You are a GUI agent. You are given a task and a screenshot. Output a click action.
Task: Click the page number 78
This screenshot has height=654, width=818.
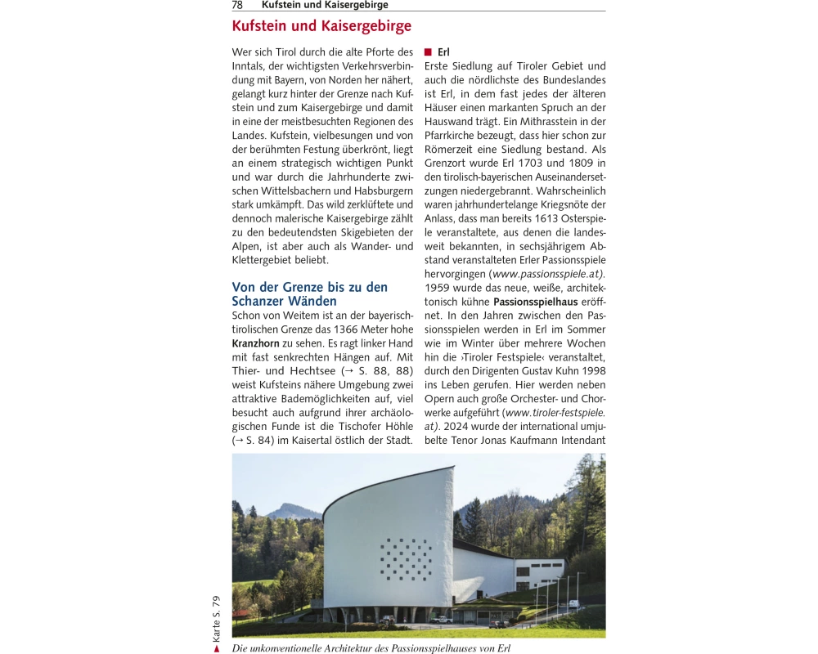[x=237, y=5]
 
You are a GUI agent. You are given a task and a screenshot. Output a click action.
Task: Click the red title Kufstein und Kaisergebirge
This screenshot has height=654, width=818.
[x=321, y=26]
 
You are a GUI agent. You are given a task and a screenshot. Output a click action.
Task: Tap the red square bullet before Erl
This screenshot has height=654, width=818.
[x=428, y=52]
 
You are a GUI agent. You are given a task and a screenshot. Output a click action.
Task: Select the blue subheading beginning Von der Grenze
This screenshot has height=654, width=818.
[x=309, y=293]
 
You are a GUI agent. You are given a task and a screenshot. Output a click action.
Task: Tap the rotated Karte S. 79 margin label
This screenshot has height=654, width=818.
[x=217, y=618]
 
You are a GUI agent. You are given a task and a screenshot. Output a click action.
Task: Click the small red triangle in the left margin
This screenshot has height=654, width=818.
[x=217, y=648]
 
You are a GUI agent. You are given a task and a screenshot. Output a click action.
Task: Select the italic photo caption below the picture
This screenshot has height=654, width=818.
[x=371, y=648]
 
